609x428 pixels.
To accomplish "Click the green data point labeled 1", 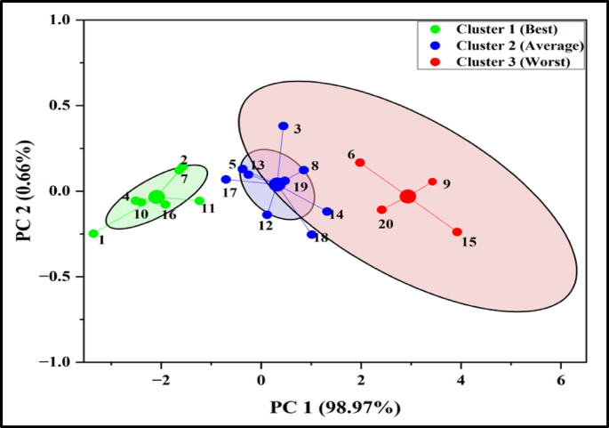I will pyautogui.click(x=93, y=234).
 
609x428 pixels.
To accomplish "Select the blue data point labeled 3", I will pyautogui.click(x=284, y=126).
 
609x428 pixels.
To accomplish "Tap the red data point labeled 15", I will pyautogui.click(x=457, y=232).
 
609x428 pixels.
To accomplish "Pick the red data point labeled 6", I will pyautogui.click(x=360, y=163).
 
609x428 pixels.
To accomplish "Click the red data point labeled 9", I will pyautogui.click(x=433, y=182).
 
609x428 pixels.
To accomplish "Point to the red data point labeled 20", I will pyautogui.click(x=381, y=210).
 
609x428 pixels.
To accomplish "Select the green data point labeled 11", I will pyautogui.click(x=200, y=201).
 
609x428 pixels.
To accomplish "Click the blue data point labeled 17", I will pyautogui.click(x=226, y=180).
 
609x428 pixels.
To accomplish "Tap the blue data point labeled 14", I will pyautogui.click(x=327, y=212).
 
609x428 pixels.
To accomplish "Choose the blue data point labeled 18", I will pyautogui.click(x=312, y=235).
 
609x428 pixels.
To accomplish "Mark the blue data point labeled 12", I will pyautogui.click(x=267, y=215).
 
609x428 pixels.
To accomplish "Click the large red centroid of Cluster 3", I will pyautogui.click(x=407, y=197).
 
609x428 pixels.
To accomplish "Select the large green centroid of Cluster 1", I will pyautogui.click(x=156, y=197).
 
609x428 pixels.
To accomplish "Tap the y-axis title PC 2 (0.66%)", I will pyautogui.click(x=28, y=190).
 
